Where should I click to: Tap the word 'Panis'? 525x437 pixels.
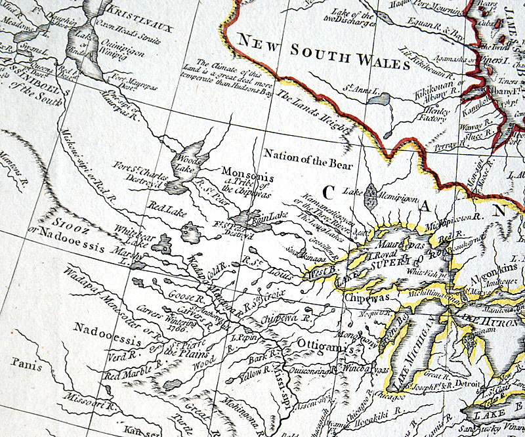tap(26, 360)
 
